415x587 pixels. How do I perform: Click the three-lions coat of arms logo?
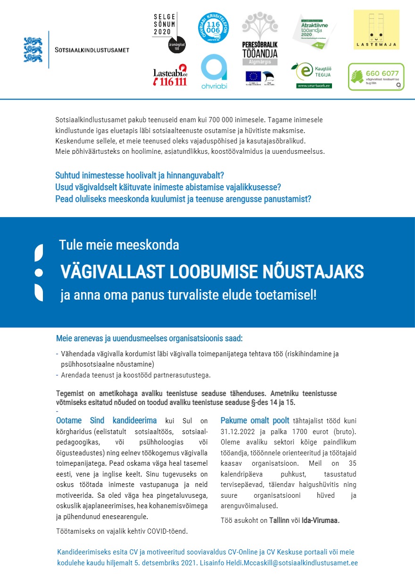(33, 50)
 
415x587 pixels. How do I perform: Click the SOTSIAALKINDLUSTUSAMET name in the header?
(92, 50)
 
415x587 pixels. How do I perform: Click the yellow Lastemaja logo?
(376, 30)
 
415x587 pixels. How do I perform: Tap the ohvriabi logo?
(214, 72)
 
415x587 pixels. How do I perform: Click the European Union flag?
(253, 76)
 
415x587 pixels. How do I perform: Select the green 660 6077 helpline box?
(376, 76)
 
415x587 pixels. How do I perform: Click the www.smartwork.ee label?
(314, 86)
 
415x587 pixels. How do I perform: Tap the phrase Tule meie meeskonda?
(119, 245)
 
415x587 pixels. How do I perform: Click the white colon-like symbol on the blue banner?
(39, 273)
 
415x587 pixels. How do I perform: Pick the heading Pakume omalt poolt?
(255, 420)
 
